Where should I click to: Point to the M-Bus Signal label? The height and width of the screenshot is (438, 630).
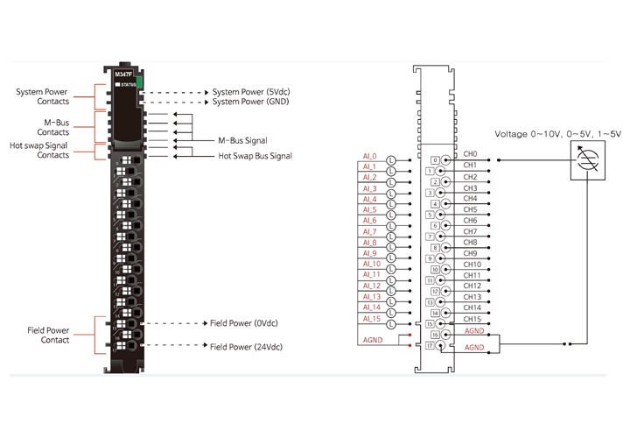click(242, 140)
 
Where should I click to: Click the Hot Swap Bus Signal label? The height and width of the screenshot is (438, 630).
click(255, 156)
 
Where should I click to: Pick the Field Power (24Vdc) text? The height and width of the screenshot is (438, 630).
click(246, 347)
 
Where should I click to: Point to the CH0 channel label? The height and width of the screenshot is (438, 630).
click(470, 154)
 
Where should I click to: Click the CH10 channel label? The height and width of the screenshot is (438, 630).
click(472, 264)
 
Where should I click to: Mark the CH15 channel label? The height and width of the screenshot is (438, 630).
click(472, 318)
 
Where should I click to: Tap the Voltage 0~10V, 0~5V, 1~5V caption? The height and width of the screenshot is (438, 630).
click(557, 134)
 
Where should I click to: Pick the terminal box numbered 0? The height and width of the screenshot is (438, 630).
click(435, 159)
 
